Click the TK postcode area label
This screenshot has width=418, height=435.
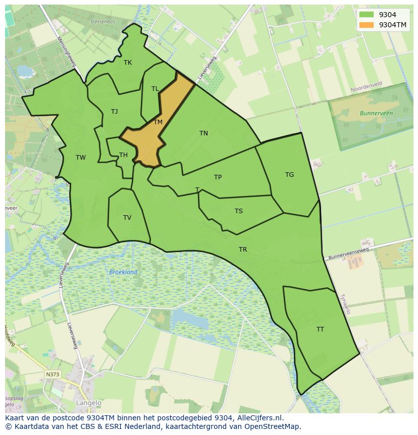pyautogui.click(x=128, y=63)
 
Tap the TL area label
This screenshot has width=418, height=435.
pyautogui.click(x=155, y=89)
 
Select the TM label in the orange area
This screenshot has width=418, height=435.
pyautogui.click(x=158, y=122)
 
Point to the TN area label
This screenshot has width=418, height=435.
pyautogui.click(x=203, y=133)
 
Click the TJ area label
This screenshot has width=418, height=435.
pyautogui.click(x=115, y=112)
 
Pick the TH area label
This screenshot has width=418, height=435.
pyautogui.click(x=123, y=155)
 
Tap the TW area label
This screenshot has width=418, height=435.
pyautogui.click(x=81, y=158)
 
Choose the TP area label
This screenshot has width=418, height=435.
pyautogui.click(x=218, y=177)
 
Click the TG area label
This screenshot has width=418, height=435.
pyautogui.click(x=289, y=175)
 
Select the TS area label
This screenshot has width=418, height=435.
pyautogui.click(x=239, y=211)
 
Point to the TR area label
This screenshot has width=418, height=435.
pyautogui.click(x=243, y=250)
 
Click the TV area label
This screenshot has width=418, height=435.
pyautogui.click(x=127, y=218)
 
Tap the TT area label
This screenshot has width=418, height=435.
pyautogui.click(x=320, y=329)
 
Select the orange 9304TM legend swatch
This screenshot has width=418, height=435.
pyautogui.click(x=367, y=25)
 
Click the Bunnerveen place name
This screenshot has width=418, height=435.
pyautogui.click(x=376, y=114)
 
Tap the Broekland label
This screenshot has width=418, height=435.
pyautogui.click(x=123, y=272)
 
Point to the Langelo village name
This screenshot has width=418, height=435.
pyautogui.click(x=88, y=403)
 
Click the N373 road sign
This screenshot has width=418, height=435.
pyautogui.click(x=52, y=374)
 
